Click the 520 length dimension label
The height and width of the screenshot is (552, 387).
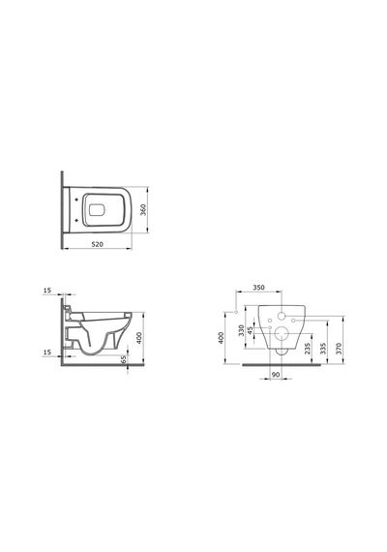[98, 244]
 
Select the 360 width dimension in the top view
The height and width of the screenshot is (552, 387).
[143, 210]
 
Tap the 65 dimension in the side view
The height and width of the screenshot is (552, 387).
[124, 359]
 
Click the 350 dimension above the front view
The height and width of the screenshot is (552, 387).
[258, 288]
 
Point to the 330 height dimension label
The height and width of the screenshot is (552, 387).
[241, 330]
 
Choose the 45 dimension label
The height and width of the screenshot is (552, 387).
[251, 330]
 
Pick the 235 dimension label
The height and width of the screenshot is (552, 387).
[307, 349]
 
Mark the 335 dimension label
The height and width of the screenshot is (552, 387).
[323, 349]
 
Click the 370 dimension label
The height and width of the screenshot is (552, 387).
[339, 349]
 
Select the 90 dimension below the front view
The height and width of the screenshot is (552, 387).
[276, 375]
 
